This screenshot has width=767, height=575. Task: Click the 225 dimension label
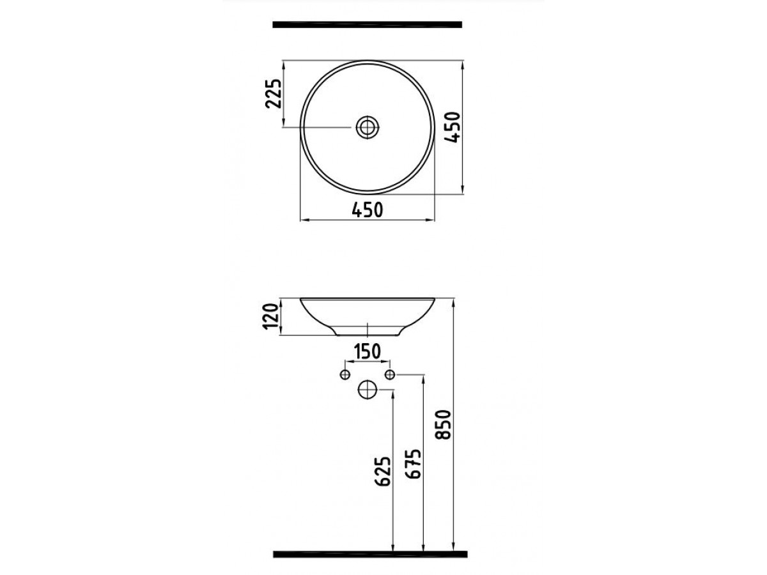[x=273, y=95]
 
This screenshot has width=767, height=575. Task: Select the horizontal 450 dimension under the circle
[x=368, y=209]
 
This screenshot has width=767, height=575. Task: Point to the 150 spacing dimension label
[x=368, y=351]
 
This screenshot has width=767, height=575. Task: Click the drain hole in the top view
[x=367, y=126]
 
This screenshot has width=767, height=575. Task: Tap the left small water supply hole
[x=345, y=374]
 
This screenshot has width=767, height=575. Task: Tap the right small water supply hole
[x=391, y=374]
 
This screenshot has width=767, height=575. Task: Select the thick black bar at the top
[x=367, y=25]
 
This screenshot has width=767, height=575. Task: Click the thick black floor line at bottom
[x=370, y=554]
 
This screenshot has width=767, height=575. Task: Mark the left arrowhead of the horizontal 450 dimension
[x=303, y=220]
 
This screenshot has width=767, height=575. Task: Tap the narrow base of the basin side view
[x=368, y=331]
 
